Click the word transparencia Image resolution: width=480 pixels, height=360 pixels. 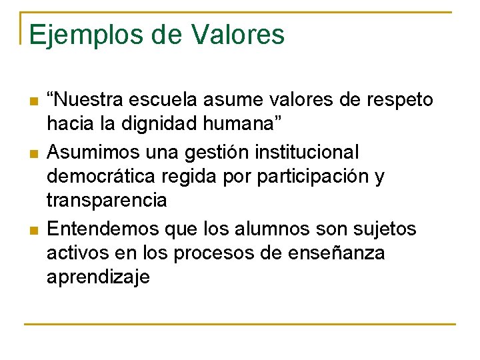pos(107,201)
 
